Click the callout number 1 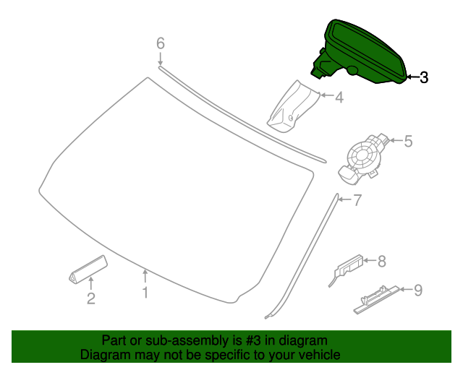click(x=145, y=293)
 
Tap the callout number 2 click(x=91, y=298)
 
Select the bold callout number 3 click(x=424, y=77)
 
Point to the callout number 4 click(x=338, y=95)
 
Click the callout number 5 click(x=407, y=142)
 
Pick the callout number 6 click(x=161, y=43)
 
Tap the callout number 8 click(x=382, y=260)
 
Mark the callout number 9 click(x=417, y=291)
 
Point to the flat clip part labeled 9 click(x=376, y=297)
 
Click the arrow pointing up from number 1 click(x=145, y=276)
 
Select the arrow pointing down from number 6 click(x=161, y=59)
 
